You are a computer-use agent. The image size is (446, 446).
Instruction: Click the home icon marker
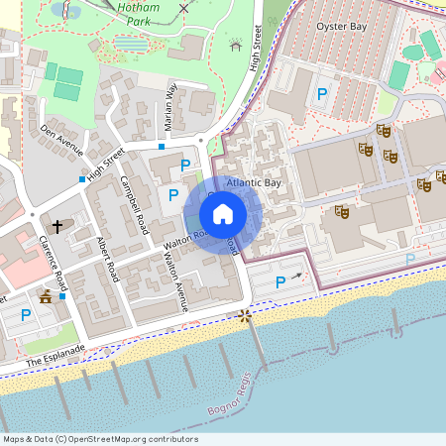pyautogui.click(x=223, y=213)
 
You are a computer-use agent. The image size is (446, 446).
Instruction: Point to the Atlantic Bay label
pyautogui.click(x=254, y=183)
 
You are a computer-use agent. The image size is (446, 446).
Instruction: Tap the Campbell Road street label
pyautogui.click(x=133, y=199)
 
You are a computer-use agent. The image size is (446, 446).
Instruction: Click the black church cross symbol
pyautogui.click(x=57, y=226)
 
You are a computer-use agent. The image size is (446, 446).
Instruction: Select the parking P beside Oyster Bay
pyautogui.click(x=320, y=95)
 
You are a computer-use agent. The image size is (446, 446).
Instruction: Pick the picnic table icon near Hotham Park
pyautogui.click(x=235, y=45)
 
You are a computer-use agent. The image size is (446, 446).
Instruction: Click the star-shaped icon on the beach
pyautogui.click(x=244, y=316)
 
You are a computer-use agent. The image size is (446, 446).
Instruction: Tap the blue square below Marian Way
pyautogui.click(x=162, y=147)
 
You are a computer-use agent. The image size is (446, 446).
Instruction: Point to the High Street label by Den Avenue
pyautogui.click(x=106, y=165)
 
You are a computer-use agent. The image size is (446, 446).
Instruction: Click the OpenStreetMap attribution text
pyautogui.click(x=99, y=439)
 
